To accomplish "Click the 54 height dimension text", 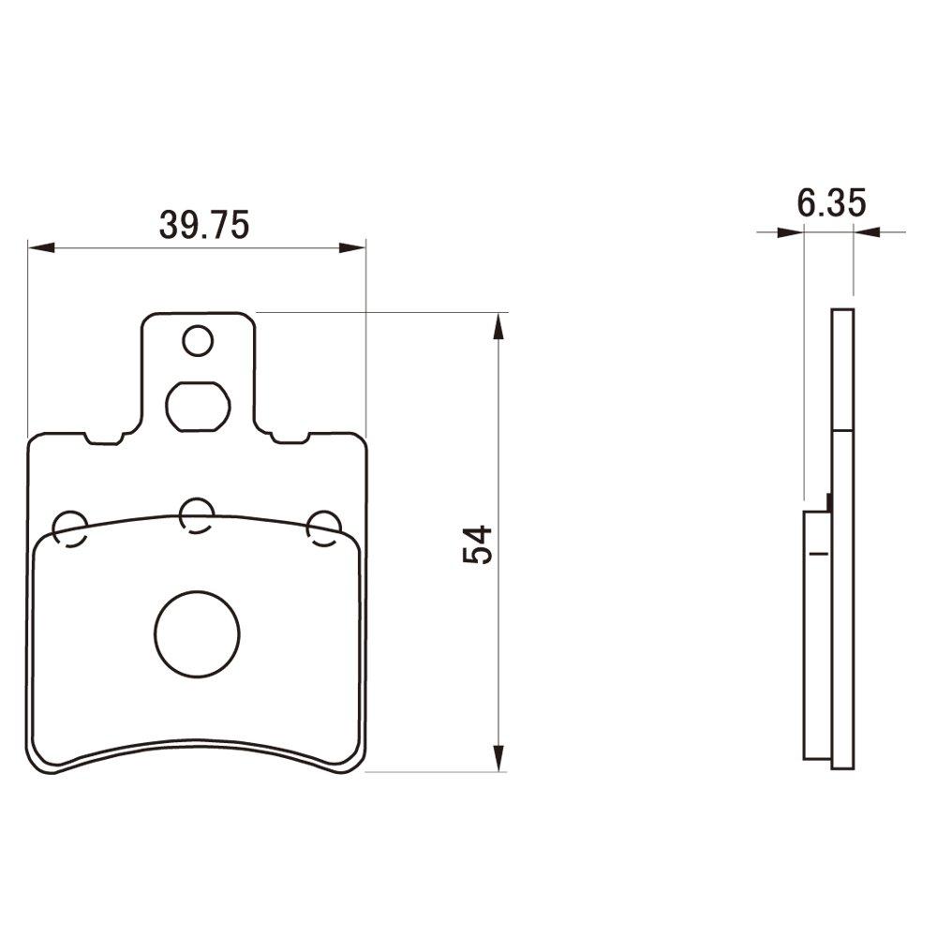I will pos(477,544).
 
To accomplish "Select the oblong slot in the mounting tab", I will pos(197,405).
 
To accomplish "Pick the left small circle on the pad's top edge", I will pos(70,528).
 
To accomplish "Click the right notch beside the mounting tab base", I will pos(290,439).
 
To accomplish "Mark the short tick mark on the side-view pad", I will pos(820,554).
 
